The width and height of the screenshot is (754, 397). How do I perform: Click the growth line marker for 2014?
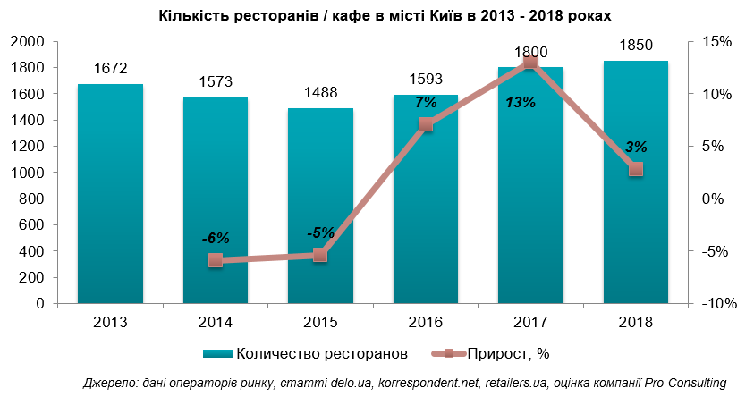pyautogui.click(x=216, y=260)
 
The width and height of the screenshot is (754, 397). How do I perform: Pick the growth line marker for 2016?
pyautogui.click(x=426, y=124)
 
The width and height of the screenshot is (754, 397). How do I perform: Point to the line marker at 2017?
pyautogui.click(x=530, y=62)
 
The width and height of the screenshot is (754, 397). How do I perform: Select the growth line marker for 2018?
pyautogui.click(x=635, y=169)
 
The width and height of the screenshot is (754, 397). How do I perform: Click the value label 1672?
pyautogui.click(x=110, y=68)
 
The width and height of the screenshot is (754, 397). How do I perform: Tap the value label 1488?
pyautogui.click(x=320, y=92)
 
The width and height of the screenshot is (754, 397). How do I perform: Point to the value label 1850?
pyautogui.click(x=635, y=45)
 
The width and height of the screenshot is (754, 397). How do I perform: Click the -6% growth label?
pyautogui.click(x=216, y=238)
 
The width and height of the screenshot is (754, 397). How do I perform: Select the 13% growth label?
pyautogui.click(x=521, y=103)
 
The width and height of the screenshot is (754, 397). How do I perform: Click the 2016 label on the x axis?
pyautogui.click(x=426, y=322)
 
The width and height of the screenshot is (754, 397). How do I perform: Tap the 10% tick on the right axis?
pyautogui.click(x=717, y=94)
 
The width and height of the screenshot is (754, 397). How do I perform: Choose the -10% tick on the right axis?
pyautogui.click(x=717, y=303)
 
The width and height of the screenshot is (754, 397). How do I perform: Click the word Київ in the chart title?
pyautogui.click(x=458, y=16)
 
